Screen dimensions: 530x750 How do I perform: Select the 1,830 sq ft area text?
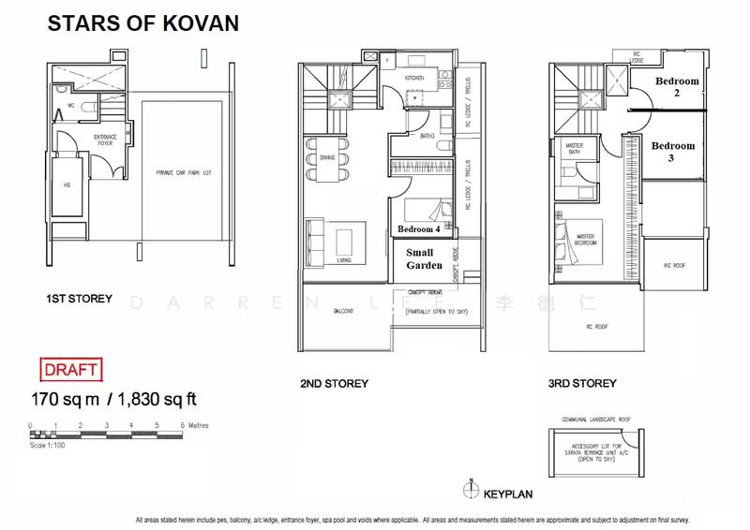tap(154, 400)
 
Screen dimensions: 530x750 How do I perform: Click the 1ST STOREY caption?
tap(79, 299)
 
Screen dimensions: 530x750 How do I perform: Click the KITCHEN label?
tap(415, 79)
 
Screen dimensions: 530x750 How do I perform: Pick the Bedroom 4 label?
tap(418, 229)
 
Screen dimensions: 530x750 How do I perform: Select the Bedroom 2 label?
tap(677, 87)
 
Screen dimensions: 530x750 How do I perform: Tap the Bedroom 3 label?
tap(673, 152)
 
